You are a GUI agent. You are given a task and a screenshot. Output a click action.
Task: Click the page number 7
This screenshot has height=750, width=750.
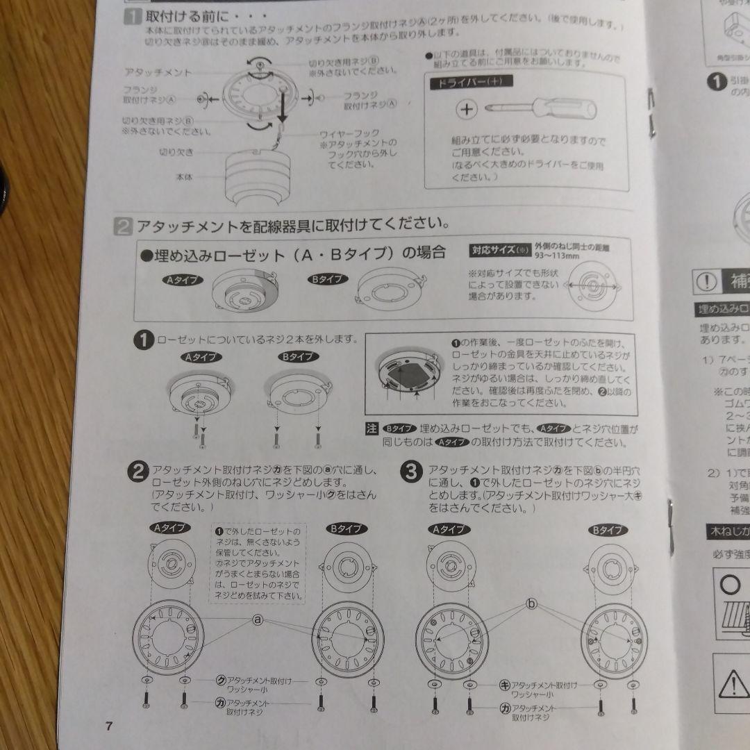pos(108,726)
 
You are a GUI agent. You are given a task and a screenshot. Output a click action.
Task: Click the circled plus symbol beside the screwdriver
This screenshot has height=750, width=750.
pos(468,109)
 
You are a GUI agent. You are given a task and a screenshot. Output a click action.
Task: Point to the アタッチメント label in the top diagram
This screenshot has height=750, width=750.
pos(158,72)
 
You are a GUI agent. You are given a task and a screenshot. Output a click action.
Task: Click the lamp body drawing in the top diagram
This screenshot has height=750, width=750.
pos(258,174)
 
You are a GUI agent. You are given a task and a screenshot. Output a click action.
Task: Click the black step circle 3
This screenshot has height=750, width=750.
pos(410,472)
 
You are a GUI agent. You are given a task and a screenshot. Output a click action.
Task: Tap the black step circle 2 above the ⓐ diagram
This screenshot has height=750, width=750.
pos(138,472)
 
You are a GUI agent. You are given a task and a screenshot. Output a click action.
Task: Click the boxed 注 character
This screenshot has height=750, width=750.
pos(372,428)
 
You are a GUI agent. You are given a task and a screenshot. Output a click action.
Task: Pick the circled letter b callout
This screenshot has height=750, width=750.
pos(532,604)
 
